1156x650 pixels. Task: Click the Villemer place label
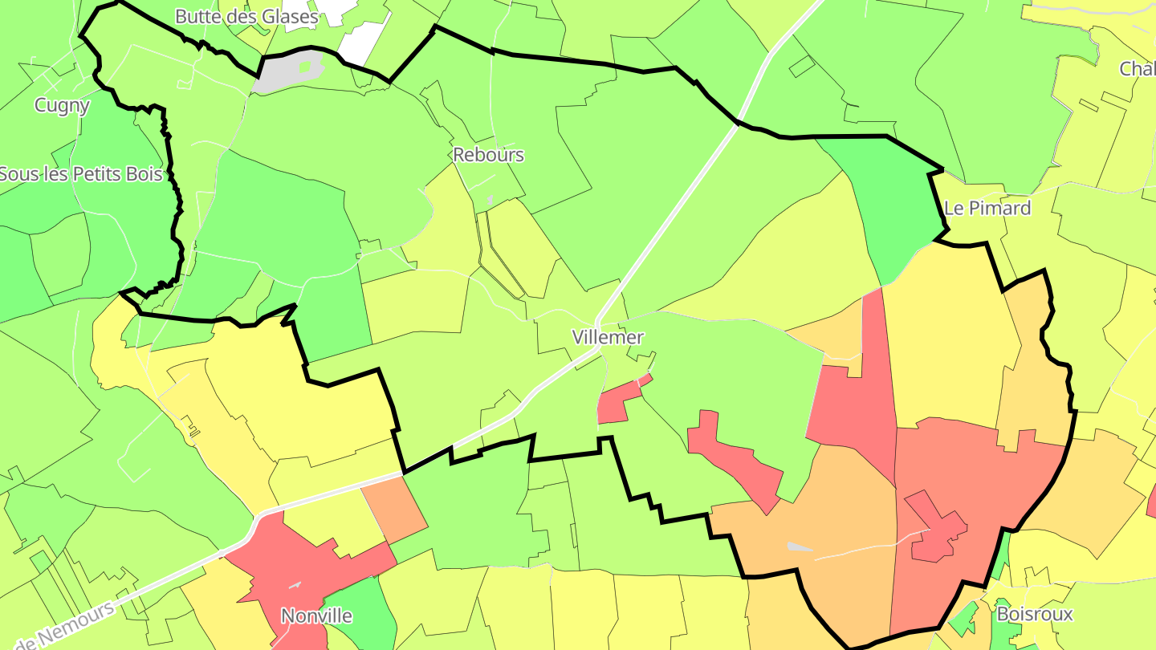point(608,337)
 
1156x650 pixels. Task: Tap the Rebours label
point(488,155)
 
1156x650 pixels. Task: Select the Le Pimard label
point(987,209)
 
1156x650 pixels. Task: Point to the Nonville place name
point(316,615)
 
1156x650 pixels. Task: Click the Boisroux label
point(1035,615)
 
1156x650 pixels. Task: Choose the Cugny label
point(62,105)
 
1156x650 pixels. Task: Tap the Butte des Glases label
point(246,16)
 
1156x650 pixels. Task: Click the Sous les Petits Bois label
point(80,173)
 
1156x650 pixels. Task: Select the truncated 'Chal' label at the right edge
point(1137,69)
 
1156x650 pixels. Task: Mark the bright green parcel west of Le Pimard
point(891,209)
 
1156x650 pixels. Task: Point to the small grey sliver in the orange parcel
point(799,547)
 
